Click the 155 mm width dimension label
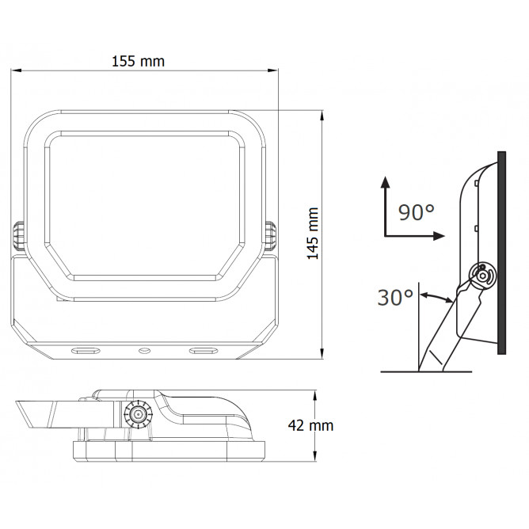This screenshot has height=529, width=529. [x=138, y=62]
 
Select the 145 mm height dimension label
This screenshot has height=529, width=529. [x=313, y=234]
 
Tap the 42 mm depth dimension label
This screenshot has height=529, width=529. [x=310, y=425]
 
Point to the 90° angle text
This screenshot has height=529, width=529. [x=416, y=212]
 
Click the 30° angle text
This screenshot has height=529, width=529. [x=395, y=298]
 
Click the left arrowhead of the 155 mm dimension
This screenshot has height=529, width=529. [x=16, y=70]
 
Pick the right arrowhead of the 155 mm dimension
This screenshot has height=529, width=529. [x=272, y=70]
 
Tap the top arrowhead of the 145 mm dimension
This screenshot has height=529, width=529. [x=322, y=116]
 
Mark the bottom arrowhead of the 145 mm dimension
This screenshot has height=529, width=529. [x=322, y=353]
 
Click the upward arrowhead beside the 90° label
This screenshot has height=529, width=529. [x=385, y=182]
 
